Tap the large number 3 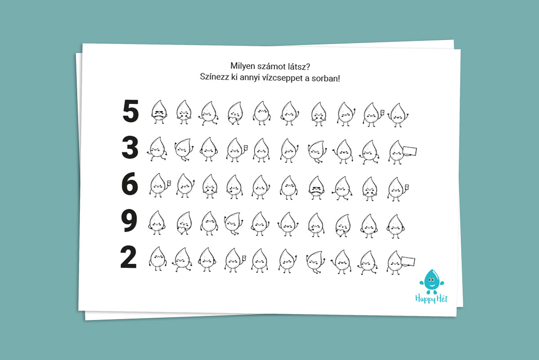point(130,147)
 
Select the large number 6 point(130,183)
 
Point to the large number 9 point(129,220)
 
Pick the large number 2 point(128,257)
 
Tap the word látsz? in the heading point(299,67)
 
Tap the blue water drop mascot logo point(432,282)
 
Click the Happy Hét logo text point(431,299)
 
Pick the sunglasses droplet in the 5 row point(159,112)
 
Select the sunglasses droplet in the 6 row point(316,188)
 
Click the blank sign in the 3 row point(409,151)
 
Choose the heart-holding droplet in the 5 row point(235,113)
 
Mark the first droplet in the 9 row point(157,223)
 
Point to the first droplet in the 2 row point(158,259)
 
